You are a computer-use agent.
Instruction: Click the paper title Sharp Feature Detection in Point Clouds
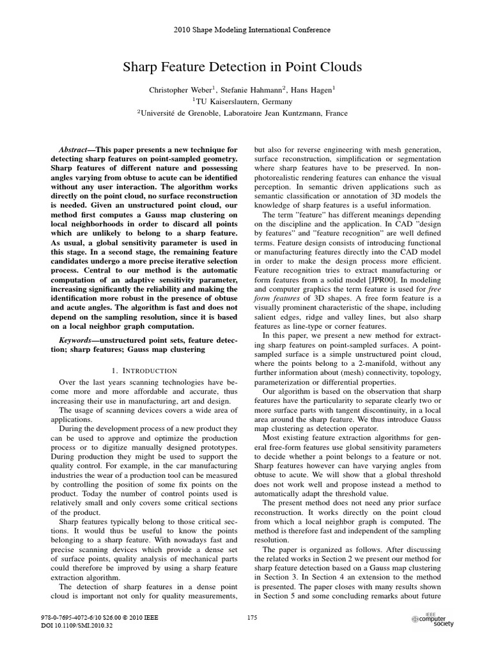[x=246, y=67]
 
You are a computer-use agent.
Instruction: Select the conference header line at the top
[x=245, y=29]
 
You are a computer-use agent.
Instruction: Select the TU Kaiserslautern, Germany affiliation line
[x=245, y=102]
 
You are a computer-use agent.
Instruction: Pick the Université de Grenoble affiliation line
[x=245, y=113]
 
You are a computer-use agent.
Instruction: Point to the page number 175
[x=251, y=617]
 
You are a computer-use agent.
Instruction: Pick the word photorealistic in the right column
[x=283, y=178]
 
